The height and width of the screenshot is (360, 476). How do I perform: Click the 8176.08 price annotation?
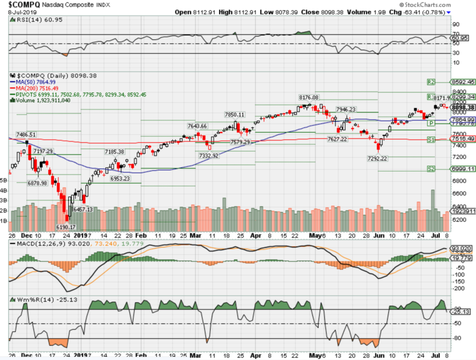click(x=309, y=98)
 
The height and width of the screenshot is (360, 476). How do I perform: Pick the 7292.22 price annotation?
click(x=377, y=158)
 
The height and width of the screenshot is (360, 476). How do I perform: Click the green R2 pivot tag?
click(x=430, y=82)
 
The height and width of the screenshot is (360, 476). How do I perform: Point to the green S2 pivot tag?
click(x=430, y=169)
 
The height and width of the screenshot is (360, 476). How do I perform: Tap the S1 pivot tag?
click(x=430, y=140)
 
